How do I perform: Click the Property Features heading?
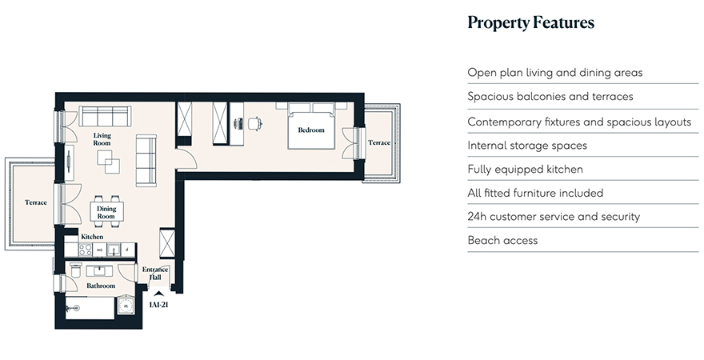[530, 23]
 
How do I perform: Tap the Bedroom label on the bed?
[311, 130]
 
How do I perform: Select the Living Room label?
[102, 139]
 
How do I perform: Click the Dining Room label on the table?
[106, 212]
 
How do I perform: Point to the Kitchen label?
[92, 237]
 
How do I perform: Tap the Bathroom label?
[101, 286]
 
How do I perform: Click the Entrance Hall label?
[155, 274]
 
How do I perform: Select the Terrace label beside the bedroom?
[379, 142]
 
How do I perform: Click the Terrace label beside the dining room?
[36, 202]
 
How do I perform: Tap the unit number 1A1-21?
[158, 305]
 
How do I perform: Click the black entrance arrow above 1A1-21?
[158, 294]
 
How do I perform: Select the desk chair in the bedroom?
[254, 123]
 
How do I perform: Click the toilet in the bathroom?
[75, 270]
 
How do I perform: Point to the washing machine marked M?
[126, 306]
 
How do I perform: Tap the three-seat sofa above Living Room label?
[105, 116]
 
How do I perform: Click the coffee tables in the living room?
[109, 162]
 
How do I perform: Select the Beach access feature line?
[502, 240]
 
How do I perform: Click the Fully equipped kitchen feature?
[526, 170]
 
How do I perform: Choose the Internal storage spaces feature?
[527, 146]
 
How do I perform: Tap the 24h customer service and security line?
[554, 217]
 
